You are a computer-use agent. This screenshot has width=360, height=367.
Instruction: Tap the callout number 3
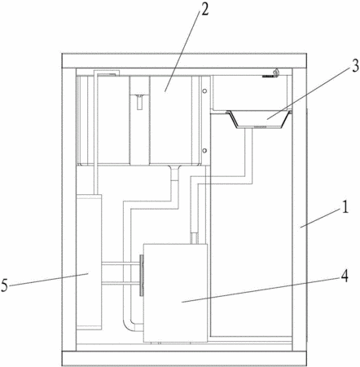(354, 66)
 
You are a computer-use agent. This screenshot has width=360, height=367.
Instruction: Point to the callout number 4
(345, 276)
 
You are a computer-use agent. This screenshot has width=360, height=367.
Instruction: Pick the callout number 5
(4, 285)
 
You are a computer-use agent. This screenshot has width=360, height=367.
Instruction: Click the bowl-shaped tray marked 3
(258, 119)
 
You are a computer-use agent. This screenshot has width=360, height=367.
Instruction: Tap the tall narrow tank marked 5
(89, 262)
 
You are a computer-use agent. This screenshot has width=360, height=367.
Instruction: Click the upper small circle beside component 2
(205, 91)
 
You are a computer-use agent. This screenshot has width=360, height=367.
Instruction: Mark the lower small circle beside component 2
(205, 150)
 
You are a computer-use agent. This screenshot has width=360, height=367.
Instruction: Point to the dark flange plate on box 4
(142, 275)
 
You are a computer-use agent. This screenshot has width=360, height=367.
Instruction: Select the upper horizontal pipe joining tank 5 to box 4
(121, 263)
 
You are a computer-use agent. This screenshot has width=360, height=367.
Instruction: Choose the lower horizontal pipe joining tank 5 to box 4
(121, 283)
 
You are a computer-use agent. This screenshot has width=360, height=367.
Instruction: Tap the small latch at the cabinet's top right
(276, 73)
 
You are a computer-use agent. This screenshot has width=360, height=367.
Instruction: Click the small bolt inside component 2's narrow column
(139, 102)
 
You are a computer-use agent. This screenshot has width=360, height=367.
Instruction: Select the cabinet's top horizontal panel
(184, 60)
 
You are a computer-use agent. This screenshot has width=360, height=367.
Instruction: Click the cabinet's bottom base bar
(184, 358)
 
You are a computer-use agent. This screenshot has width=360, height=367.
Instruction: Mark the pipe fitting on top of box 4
(195, 238)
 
